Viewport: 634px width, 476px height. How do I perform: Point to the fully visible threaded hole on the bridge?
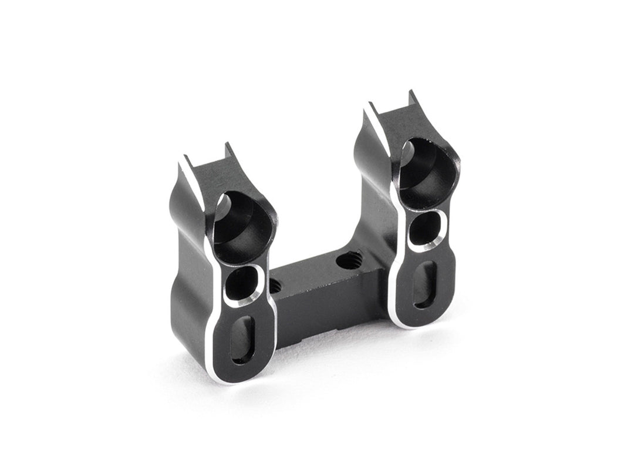350,260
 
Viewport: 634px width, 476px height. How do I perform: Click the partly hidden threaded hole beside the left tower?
274,287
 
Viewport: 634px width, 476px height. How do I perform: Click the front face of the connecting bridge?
329,311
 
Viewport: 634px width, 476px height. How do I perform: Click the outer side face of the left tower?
187,282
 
